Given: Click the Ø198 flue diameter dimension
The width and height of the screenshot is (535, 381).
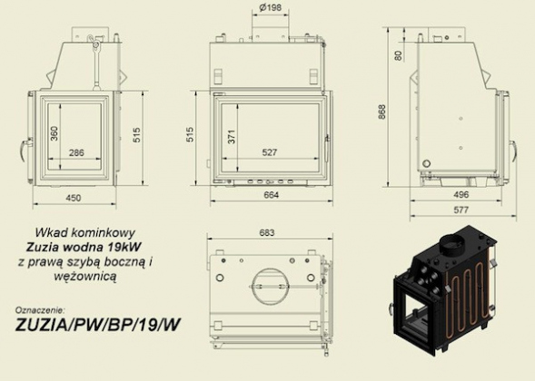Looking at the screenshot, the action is (271, 7).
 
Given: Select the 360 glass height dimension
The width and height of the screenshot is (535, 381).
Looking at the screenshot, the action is (54, 133).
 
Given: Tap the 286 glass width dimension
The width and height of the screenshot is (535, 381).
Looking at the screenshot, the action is (76, 152).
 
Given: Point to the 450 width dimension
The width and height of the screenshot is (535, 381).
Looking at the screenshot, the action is (74, 198).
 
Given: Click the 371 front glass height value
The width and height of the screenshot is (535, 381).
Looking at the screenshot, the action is (232, 136).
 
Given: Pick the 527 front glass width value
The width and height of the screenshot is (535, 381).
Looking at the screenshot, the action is (270, 152).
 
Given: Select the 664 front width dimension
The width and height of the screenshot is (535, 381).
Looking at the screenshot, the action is (272, 195).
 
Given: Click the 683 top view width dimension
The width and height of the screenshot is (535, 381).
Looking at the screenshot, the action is (267, 233).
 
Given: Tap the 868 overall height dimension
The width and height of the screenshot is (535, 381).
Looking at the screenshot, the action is (381, 112).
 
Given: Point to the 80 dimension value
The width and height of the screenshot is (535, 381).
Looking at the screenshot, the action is (399, 55).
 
